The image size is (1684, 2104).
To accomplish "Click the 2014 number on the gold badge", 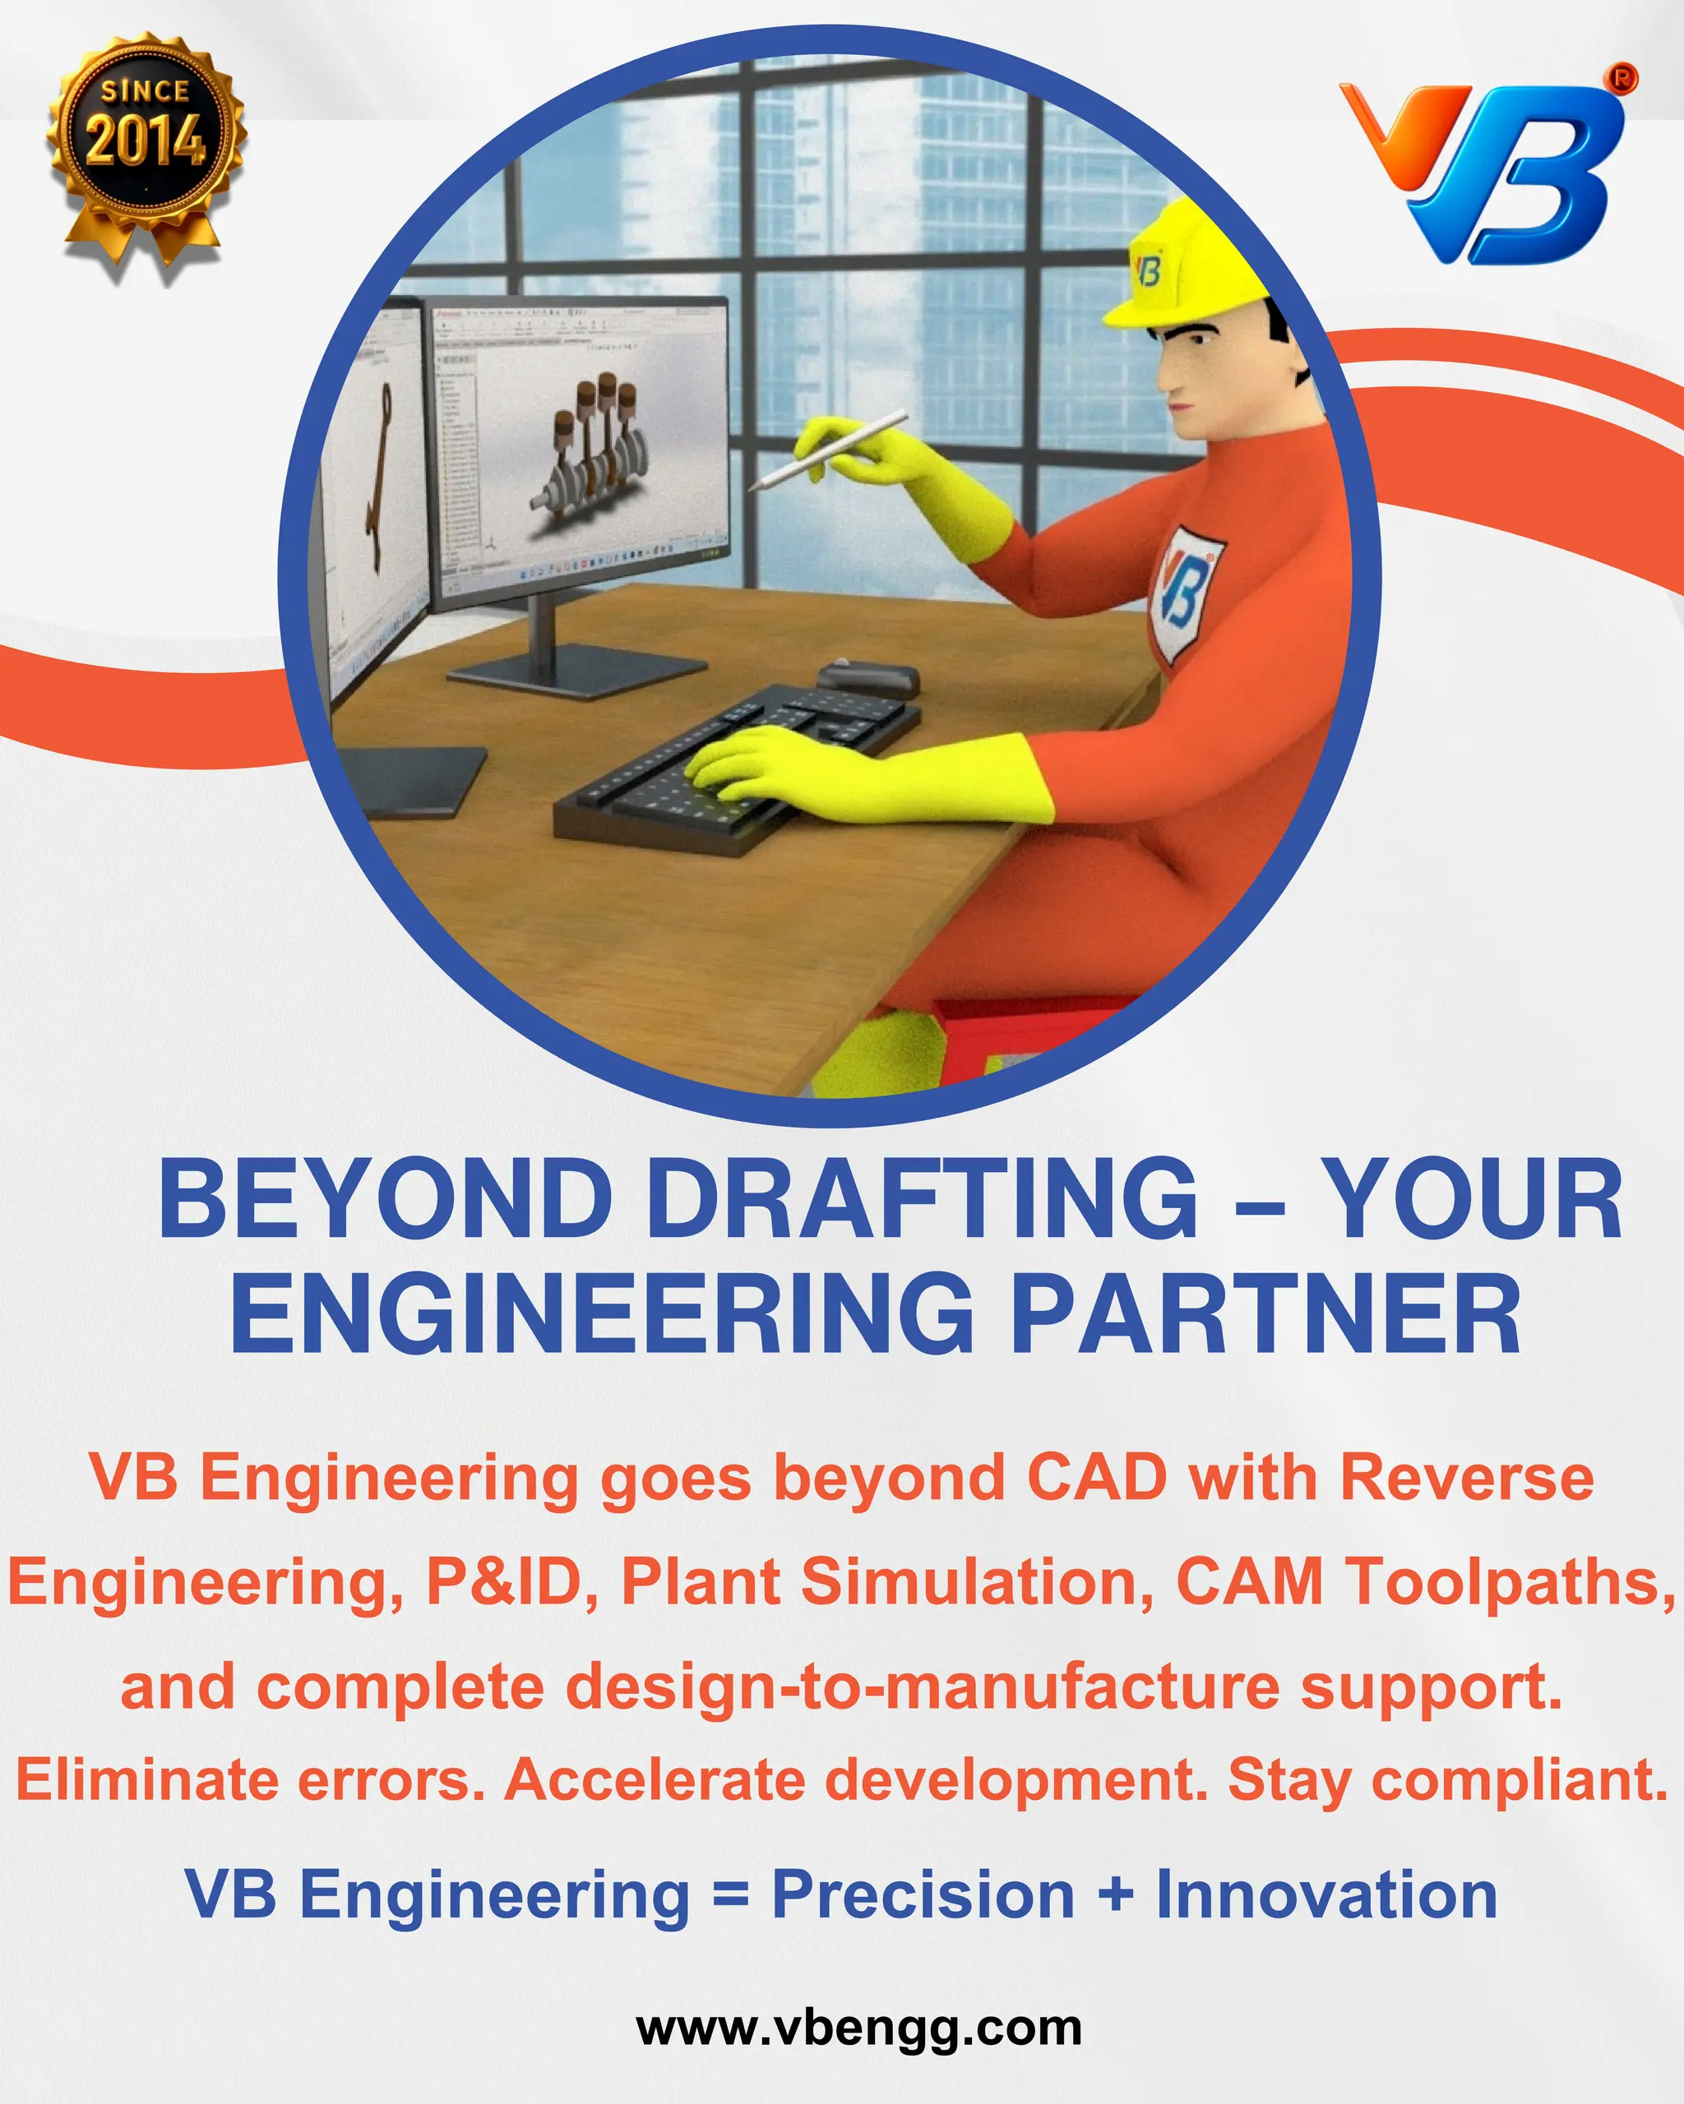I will pyautogui.click(x=146, y=141).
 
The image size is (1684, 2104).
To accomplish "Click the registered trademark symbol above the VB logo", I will pyautogui.click(x=1623, y=79).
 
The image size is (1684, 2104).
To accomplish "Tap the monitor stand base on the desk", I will pyautogui.click(x=576, y=672).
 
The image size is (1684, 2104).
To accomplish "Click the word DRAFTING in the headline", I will pyautogui.click(x=921, y=1199).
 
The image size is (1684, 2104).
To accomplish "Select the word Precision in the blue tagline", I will pyautogui.click(x=923, y=1895).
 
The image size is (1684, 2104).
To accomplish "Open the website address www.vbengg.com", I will pyautogui.click(x=859, y=2028).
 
